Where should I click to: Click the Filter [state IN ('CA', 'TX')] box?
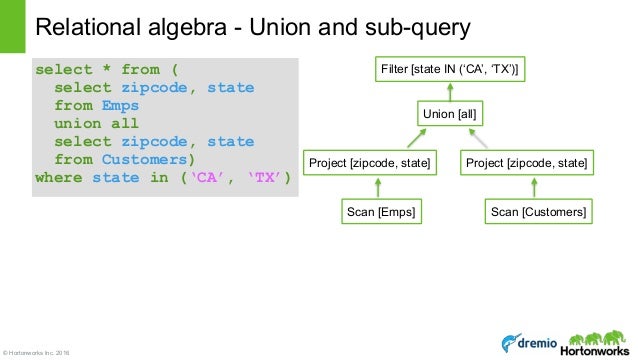[x=451, y=69]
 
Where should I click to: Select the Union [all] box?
[x=451, y=115]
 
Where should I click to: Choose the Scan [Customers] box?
[x=536, y=212]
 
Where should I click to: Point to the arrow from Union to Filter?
[x=451, y=92]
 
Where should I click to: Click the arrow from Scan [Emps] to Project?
[x=378, y=187]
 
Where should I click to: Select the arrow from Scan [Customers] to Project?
[x=536, y=187]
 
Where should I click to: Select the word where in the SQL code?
[x=60, y=178]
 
